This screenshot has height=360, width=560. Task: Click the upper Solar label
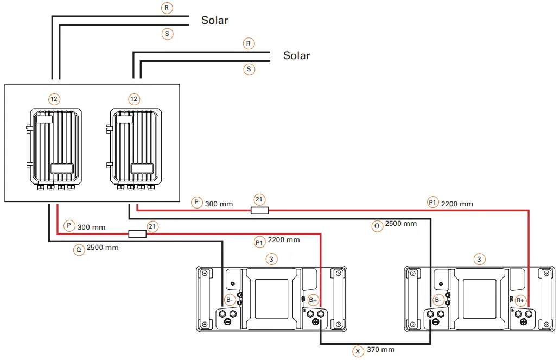click(x=215, y=21)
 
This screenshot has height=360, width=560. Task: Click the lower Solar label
click(x=297, y=55)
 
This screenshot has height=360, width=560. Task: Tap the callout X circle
click(x=358, y=351)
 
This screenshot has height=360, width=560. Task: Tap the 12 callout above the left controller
click(x=54, y=99)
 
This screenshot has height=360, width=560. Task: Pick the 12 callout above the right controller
click(x=134, y=99)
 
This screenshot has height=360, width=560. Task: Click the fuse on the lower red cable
click(x=137, y=234)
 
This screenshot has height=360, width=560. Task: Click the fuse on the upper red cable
click(x=260, y=210)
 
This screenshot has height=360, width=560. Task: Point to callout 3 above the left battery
click(x=271, y=259)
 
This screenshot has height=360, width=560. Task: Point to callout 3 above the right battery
click(x=479, y=259)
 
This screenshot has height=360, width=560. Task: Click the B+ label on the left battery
click(x=313, y=300)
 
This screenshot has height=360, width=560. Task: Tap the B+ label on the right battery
click(x=520, y=300)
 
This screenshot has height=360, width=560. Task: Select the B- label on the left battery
click(x=230, y=300)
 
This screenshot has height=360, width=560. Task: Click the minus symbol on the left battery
click(x=228, y=322)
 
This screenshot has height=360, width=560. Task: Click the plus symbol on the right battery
click(x=524, y=322)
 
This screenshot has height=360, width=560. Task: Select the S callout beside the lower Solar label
click(x=249, y=69)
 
